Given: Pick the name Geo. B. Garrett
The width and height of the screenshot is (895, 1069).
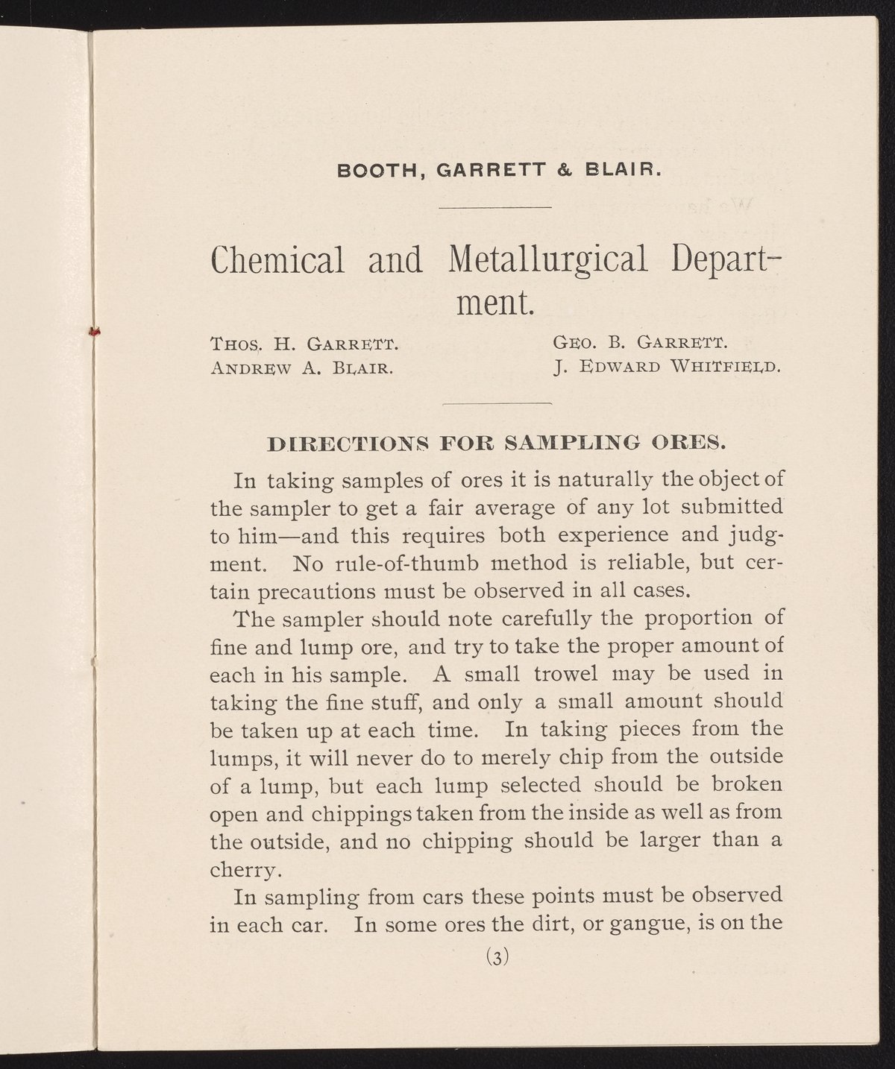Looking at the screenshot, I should tap(639, 344).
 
